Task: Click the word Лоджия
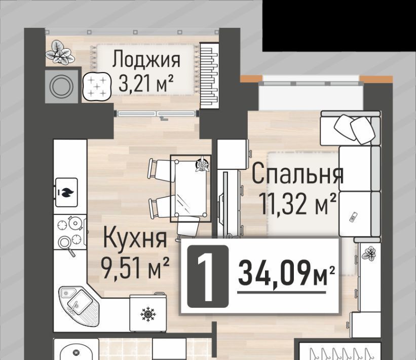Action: [146, 59]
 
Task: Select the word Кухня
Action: [135, 238]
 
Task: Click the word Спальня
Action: [297, 173]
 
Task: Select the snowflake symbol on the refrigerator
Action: [148, 314]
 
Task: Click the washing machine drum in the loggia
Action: [61, 87]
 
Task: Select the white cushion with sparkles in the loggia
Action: [97, 86]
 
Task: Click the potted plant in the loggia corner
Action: [60, 53]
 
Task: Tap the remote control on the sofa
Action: [353, 218]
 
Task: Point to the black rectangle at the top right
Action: [339, 25]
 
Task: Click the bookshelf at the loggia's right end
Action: [209, 76]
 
